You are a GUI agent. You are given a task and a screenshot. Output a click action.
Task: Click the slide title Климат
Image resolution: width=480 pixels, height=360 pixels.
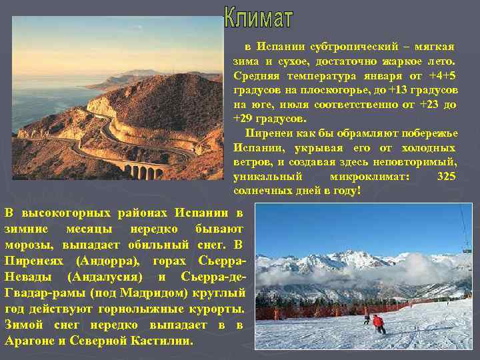258,18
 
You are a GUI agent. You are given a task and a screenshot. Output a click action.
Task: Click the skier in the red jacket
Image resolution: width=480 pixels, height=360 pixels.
379,323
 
